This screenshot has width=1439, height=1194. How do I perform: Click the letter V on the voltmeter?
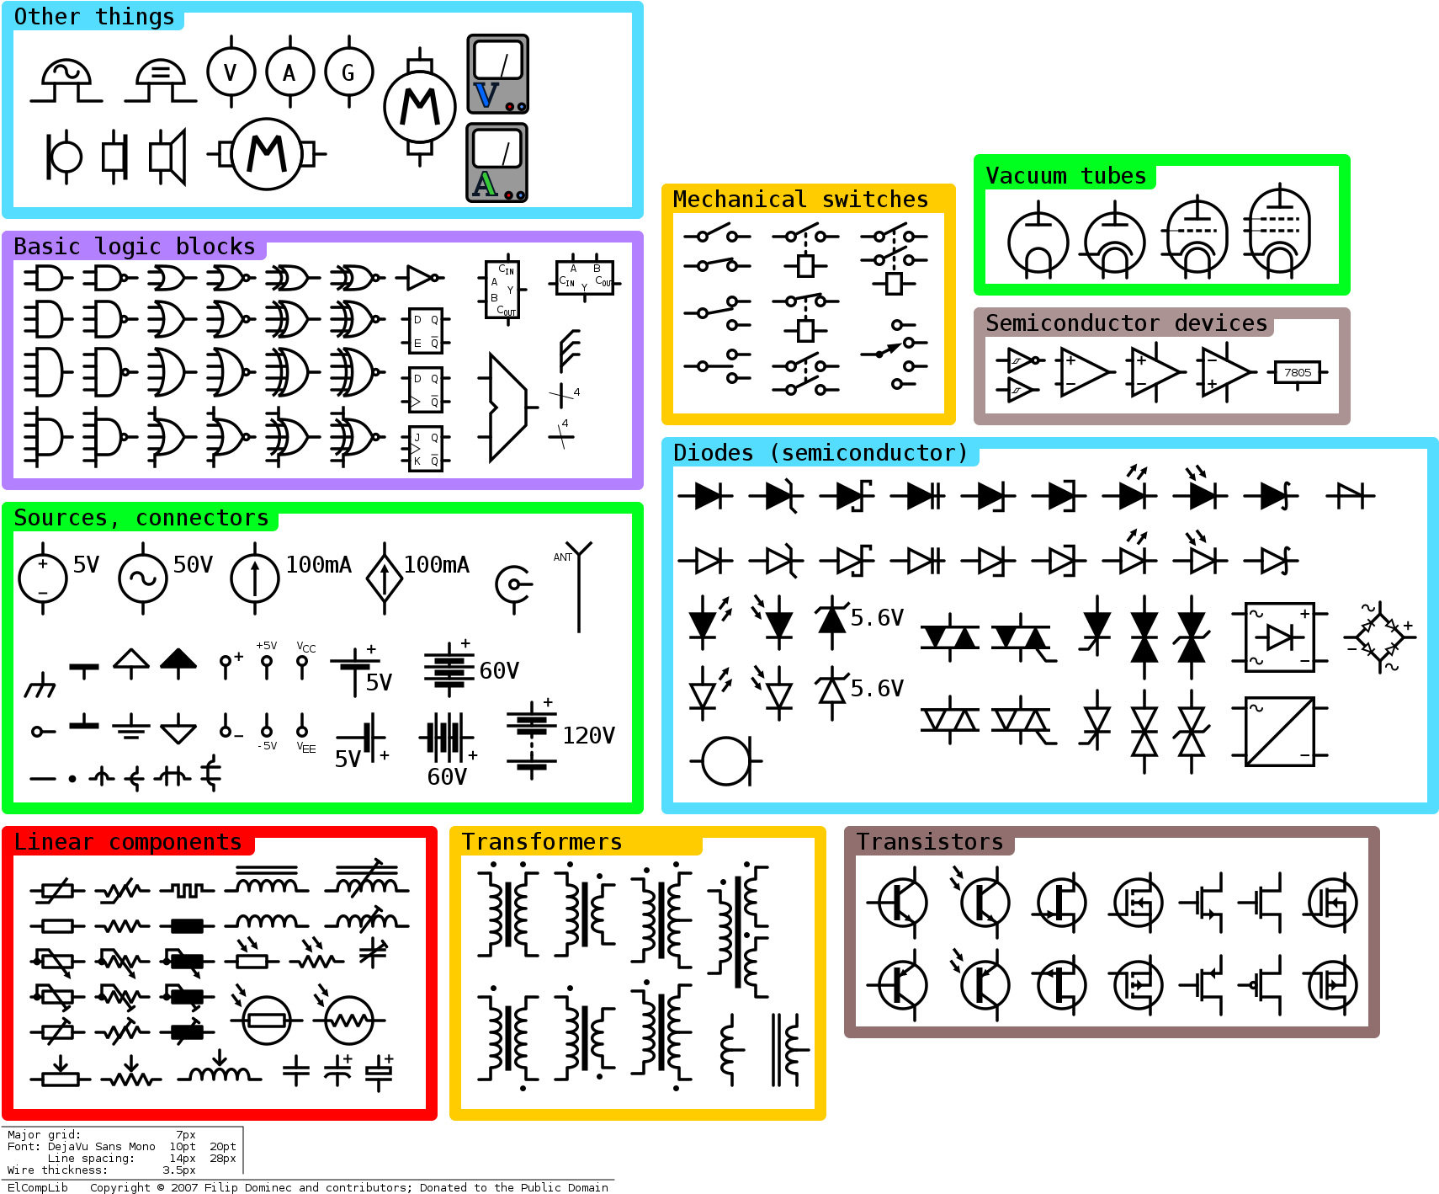point(486,95)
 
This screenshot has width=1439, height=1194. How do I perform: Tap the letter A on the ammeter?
point(485,184)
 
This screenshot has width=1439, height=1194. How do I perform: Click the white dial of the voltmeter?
point(498,61)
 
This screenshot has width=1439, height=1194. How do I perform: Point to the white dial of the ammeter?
point(497,149)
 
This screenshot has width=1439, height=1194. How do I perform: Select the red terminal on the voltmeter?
point(510,107)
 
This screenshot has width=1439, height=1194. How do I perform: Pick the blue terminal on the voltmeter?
point(522,107)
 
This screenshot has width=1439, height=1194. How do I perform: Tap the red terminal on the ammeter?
point(509,195)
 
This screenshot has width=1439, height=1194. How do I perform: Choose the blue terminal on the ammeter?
point(521,195)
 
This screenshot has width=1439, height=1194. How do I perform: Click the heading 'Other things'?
point(94,17)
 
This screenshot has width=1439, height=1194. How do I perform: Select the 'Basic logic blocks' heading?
point(135,247)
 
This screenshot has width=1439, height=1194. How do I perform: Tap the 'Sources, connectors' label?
point(141,518)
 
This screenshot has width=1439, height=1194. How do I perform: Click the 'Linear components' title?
point(128,842)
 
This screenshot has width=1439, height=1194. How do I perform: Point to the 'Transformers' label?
point(542,842)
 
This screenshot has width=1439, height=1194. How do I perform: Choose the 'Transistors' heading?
point(930,842)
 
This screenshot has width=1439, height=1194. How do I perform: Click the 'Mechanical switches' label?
point(800,200)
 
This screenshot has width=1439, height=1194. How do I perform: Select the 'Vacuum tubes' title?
point(1065,176)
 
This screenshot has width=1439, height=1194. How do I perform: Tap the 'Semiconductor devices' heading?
point(1126,323)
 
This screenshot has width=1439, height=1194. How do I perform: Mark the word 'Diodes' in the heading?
point(714,453)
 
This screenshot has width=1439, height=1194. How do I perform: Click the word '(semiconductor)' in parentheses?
point(868,453)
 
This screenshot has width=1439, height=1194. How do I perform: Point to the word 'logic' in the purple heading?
point(128,247)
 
